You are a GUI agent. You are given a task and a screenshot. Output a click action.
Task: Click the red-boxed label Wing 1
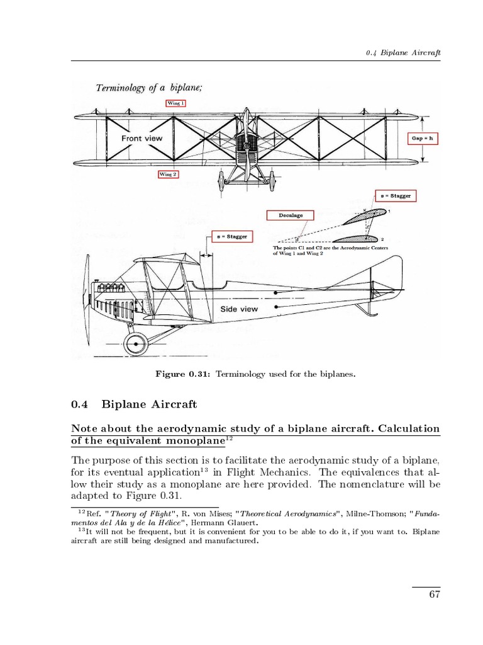[x=175, y=103]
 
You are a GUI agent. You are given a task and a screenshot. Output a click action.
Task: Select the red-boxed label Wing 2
[x=169, y=174]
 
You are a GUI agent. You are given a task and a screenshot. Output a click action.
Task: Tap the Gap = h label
[x=422, y=138]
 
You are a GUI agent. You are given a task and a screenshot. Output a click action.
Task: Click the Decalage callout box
[x=291, y=215]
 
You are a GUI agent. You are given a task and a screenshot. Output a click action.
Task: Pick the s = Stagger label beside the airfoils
[x=396, y=196]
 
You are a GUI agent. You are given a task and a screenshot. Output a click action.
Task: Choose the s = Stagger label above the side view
[x=230, y=237]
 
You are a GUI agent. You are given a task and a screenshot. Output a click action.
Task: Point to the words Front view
[x=142, y=138]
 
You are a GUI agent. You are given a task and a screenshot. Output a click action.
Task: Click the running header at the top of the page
[x=402, y=52]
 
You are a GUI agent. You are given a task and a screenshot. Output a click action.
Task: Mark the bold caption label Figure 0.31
[x=182, y=374]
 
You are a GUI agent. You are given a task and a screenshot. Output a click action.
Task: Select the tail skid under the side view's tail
[x=364, y=309]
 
